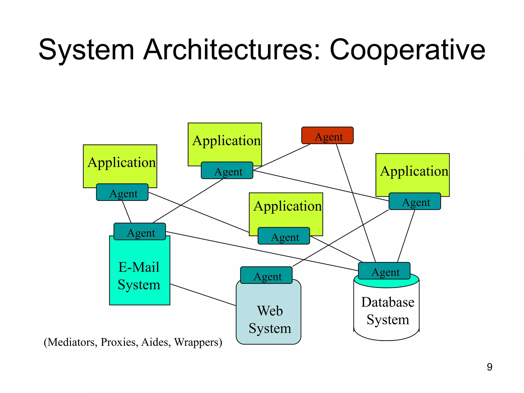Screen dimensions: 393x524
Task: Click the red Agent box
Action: coord(327,135)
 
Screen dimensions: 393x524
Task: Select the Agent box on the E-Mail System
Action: coord(140,232)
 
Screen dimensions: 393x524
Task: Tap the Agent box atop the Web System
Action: coord(266,275)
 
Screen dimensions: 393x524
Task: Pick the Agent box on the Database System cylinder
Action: coord(384,271)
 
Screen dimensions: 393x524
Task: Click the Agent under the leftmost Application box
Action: coord(122,192)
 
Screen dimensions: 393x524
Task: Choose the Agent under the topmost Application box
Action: coord(227,170)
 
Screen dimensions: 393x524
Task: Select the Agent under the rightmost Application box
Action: coord(415,201)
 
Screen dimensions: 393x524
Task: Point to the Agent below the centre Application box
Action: coord(284,236)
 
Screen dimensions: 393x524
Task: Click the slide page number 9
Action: coord(489,367)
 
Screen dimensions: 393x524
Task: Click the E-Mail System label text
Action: coord(139,276)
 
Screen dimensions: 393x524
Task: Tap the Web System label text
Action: coord(270,320)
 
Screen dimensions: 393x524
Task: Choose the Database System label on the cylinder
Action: coord(388,311)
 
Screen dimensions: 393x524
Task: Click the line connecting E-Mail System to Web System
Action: coord(203,295)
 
